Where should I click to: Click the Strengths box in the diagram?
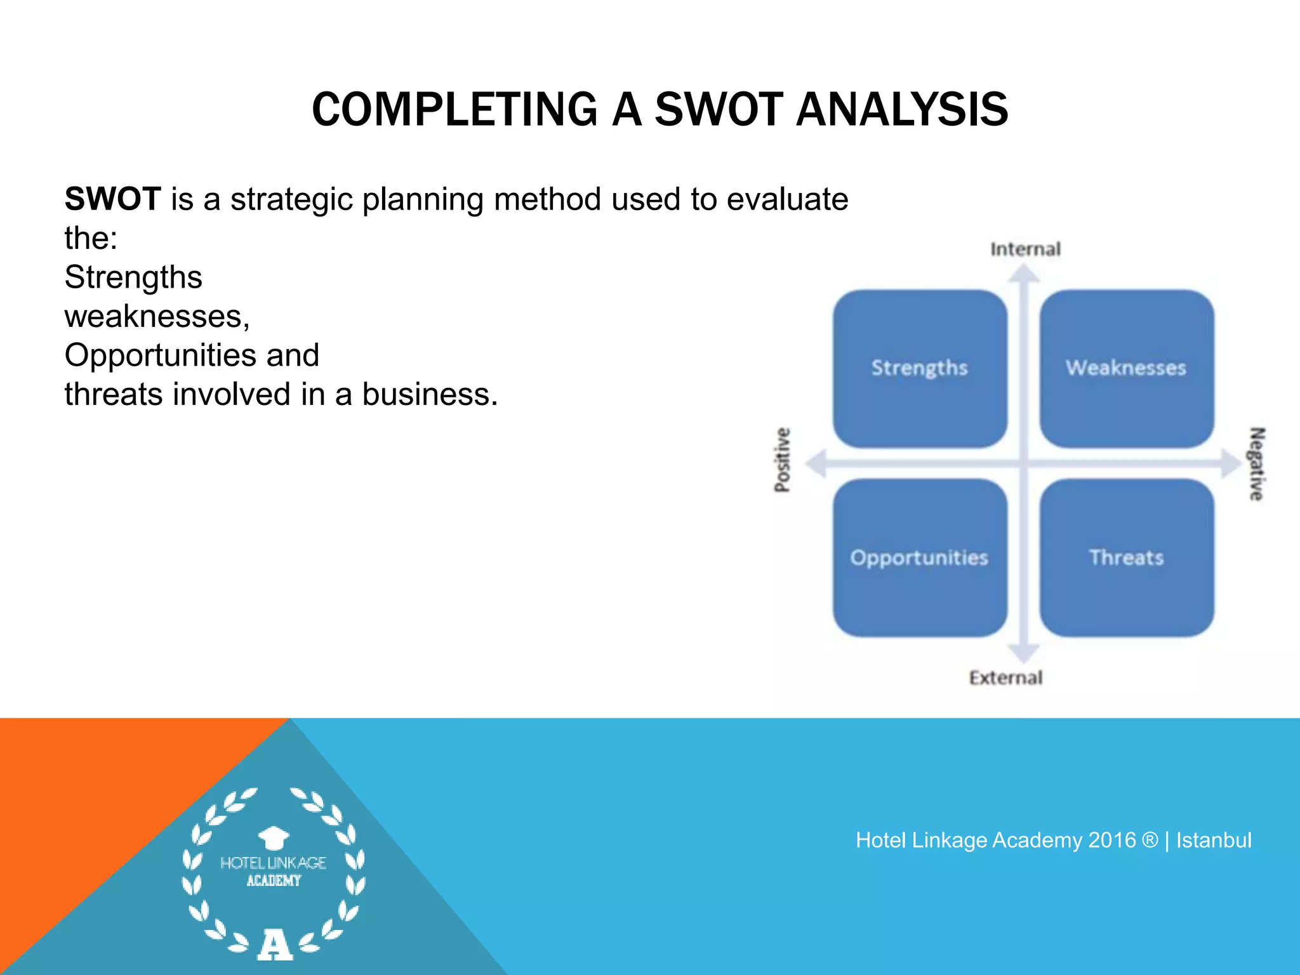[x=920, y=369]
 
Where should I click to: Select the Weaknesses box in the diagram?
[x=1127, y=369]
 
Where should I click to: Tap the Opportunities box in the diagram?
[x=920, y=558]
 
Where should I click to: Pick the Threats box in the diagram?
[x=1127, y=558]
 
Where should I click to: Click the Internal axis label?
[x=1025, y=249]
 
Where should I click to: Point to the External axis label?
[x=1005, y=678]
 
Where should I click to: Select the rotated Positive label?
[x=783, y=460]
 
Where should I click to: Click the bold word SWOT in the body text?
[x=113, y=199]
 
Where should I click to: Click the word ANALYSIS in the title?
[x=901, y=110]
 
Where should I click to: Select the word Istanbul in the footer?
[x=1213, y=840]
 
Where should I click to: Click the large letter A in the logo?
[x=274, y=944]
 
